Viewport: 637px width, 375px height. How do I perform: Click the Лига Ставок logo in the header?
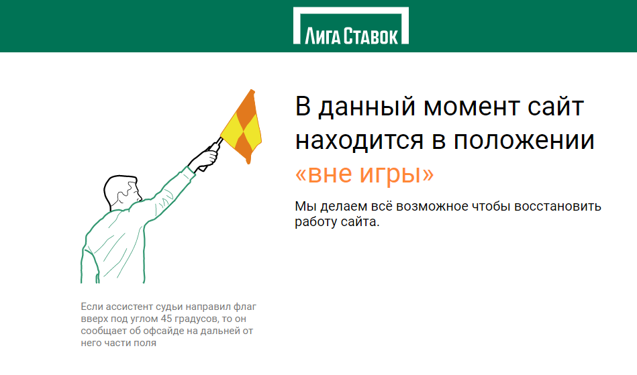pyautogui.click(x=351, y=25)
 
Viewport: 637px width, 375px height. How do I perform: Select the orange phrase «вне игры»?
pyautogui.click(x=364, y=174)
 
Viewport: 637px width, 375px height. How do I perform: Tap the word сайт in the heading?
pyautogui.click(x=556, y=107)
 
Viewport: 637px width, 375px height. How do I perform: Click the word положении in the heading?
pyautogui.click(x=524, y=140)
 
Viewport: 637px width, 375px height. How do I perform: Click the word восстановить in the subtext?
pyautogui.click(x=558, y=206)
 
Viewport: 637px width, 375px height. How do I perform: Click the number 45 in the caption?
pyautogui.click(x=166, y=319)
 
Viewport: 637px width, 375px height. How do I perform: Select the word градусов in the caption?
pyautogui.click(x=197, y=319)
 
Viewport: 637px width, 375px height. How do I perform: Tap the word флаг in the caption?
pyautogui.click(x=245, y=307)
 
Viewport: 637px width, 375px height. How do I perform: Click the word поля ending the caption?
pyautogui.click(x=146, y=343)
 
